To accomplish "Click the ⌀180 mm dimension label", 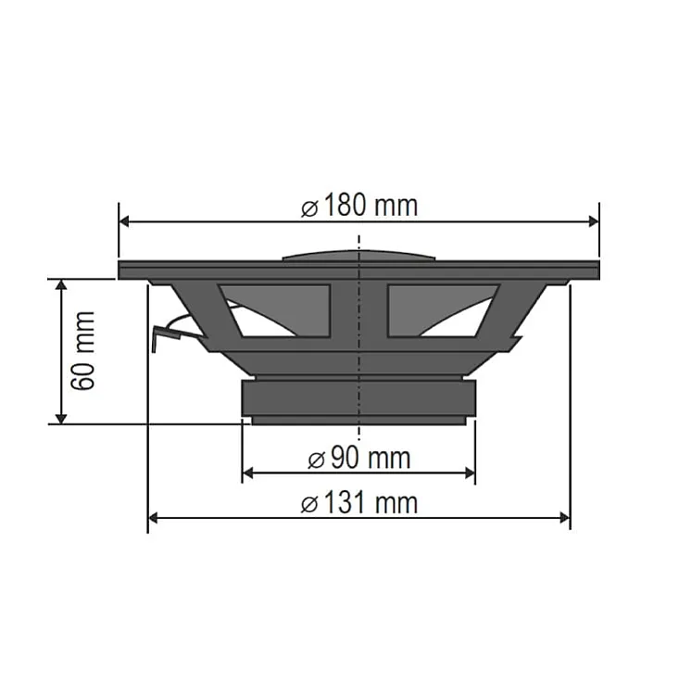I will [x=359, y=206].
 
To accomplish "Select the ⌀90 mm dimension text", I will [x=358, y=458].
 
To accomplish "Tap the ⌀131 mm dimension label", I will [x=359, y=503].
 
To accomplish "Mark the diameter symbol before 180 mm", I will [x=310, y=208].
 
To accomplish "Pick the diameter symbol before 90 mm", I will [x=316, y=459].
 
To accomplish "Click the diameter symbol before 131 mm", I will [x=310, y=504].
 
